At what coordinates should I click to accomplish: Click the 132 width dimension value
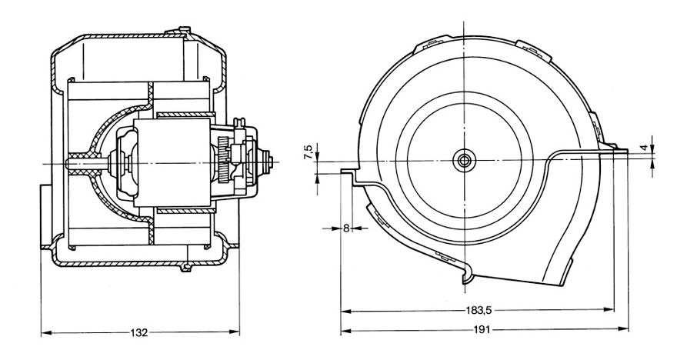click(139, 333)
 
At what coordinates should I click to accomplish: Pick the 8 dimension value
click(346, 228)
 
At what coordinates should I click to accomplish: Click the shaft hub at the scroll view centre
click(465, 160)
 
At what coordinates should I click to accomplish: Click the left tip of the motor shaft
click(70, 162)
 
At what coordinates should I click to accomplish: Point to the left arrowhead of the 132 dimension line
click(44, 333)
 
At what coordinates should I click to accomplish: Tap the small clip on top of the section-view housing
click(185, 31)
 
